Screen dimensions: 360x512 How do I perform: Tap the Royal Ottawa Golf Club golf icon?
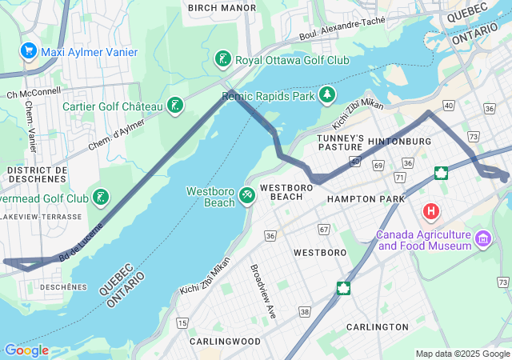pyautogui.click(x=223, y=59)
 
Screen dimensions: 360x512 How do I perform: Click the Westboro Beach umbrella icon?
pyautogui.click(x=248, y=195)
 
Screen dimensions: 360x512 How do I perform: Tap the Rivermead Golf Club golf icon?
pyautogui.click(x=100, y=198)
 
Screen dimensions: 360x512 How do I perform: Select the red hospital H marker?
pyautogui.click(x=431, y=212)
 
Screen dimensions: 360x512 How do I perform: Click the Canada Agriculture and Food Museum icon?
pyautogui.click(x=482, y=238)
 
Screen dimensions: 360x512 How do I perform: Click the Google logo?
pyautogui.click(x=26, y=350)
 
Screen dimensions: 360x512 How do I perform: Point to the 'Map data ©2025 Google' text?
pyautogui.click(x=462, y=354)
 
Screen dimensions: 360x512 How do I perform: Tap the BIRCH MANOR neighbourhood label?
pyautogui.click(x=222, y=8)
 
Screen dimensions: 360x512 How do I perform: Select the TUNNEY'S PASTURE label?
pyautogui.click(x=341, y=143)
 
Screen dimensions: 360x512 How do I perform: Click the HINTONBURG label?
pyautogui.click(x=399, y=142)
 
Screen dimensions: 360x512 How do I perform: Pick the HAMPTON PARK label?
pyautogui.click(x=362, y=198)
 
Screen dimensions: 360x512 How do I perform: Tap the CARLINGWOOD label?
pyautogui.click(x=226, y=341)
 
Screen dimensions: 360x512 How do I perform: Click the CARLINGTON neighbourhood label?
pyautogui.click(x=377, y=327)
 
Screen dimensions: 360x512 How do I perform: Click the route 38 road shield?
pyautogui.click(x=305, y=310)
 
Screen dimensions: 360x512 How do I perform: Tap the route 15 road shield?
pyautogui.click(x=183, y=322)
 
